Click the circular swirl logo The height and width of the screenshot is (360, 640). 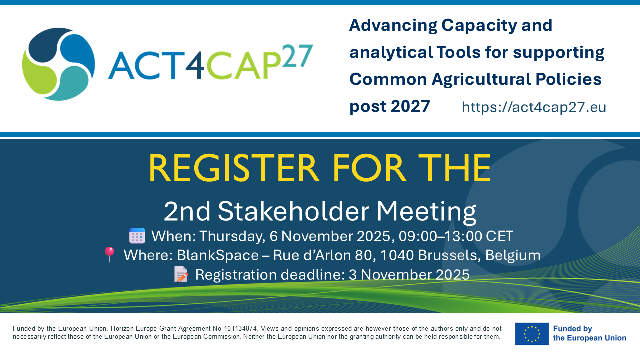(x=58, y=64)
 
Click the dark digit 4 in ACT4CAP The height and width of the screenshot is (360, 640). (x=195, y=65)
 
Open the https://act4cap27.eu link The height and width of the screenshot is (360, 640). (x=534, y=107)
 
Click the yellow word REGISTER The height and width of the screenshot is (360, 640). (x=233, y=168)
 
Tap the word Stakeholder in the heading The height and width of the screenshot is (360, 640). (x=293, y=211)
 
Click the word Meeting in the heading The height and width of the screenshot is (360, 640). (x=426, y=212)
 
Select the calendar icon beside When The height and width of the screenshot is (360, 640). (x=137, y=236)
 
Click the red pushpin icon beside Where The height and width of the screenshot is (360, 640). (x=109, y=255)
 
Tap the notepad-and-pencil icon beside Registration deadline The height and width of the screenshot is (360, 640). (x=181, y=274)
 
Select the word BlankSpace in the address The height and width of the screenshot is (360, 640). (x=218, y=255)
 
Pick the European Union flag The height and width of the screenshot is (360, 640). (x=532, y=334)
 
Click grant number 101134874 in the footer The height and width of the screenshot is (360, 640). (x=240, y=329)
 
